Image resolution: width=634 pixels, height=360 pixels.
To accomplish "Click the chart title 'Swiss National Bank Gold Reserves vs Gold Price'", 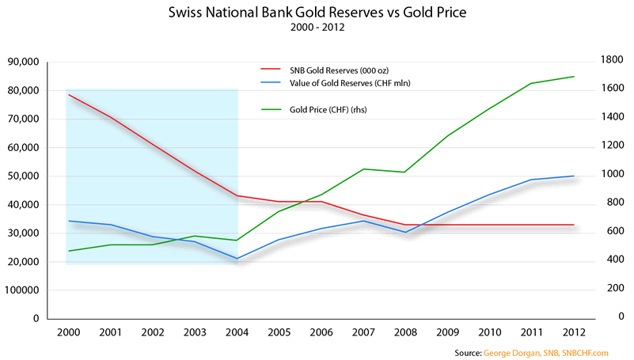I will click(x=317, y=14).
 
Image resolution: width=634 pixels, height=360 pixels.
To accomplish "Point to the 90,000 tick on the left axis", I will click(x=23, y=62).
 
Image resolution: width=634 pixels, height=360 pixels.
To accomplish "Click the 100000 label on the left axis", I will click(x=21, y=290).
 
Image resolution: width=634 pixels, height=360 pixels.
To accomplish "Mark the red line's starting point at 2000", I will click(x=70, y=95).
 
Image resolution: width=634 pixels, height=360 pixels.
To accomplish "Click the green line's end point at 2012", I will click(x=573, y=77).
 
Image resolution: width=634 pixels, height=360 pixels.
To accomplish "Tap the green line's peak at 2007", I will click(x=363, y=169).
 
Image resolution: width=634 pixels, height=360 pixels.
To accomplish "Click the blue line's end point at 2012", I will click(x=573, y=176).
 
